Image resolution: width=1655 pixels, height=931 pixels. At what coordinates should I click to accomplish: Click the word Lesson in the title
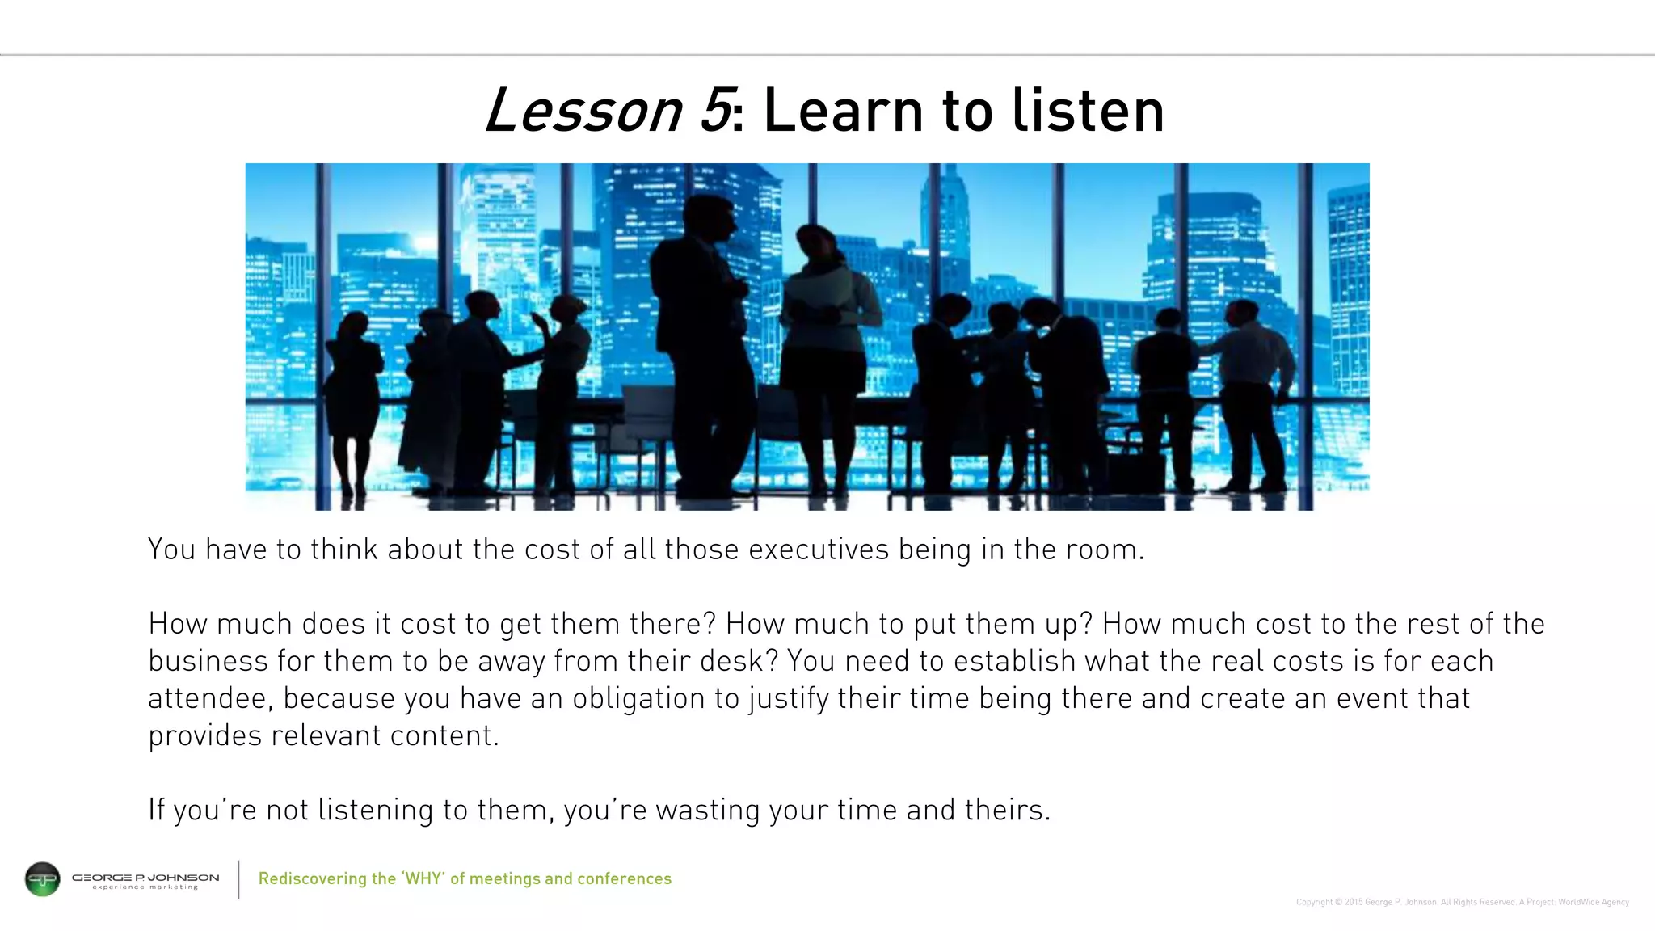pyautogui.click(x=583, y=111)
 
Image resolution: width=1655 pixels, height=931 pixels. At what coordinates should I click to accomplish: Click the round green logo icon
pyautogui.click(x=43, y=879)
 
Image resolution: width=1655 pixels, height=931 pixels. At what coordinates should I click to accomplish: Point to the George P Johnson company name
pyautogui.click(x=145, y=877)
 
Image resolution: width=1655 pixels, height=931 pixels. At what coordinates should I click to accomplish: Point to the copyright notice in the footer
pyautogui.click(x=1462, y=902)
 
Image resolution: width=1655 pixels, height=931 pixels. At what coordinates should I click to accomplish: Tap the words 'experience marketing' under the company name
pyautogui.click(x=145, y=887)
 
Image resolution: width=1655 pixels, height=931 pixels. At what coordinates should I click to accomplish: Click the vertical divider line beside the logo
pyautogui.click(x=239, y=879)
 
